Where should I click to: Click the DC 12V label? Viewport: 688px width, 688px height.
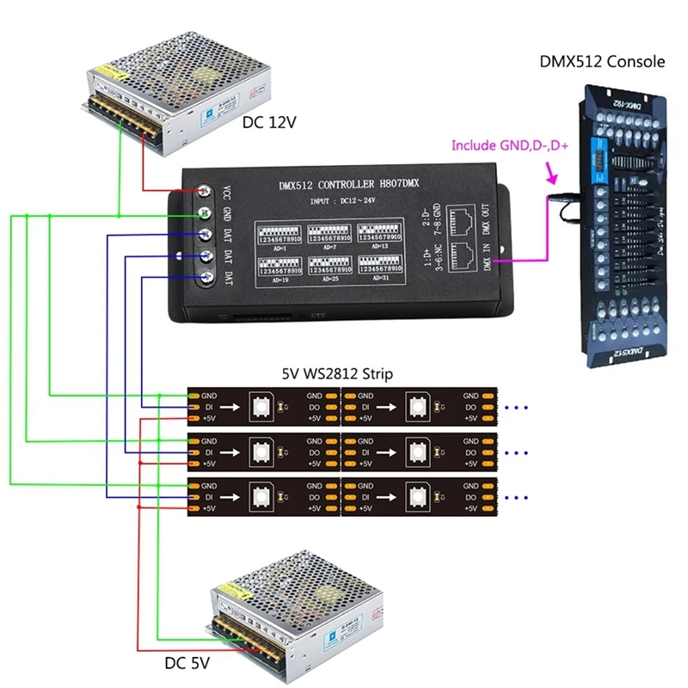click(x=269, y=122)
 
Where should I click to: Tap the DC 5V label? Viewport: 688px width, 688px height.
click(x=187, y=664)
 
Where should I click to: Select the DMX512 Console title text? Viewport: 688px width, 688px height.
click(x=602, y=62)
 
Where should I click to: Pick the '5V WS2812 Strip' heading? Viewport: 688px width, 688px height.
click(x=337, y=374)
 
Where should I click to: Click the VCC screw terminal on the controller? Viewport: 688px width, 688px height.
click(x=206, y=192)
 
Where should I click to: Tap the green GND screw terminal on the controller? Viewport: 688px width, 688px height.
click(x=206, y=214)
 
